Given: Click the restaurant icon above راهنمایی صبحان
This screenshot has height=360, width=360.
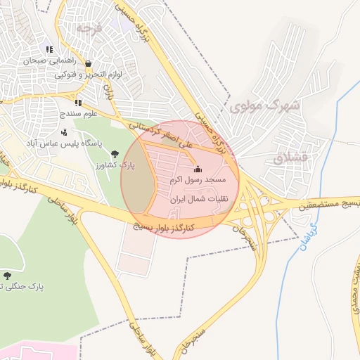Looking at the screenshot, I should [49, 49].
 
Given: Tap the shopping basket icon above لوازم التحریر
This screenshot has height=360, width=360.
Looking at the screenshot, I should [88, 63].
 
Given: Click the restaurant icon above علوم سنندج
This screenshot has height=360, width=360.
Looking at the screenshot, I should [78, 103].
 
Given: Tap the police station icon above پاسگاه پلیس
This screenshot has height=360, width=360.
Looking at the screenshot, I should [65, 131].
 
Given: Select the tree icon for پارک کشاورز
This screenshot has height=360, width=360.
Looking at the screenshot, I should [115, 155].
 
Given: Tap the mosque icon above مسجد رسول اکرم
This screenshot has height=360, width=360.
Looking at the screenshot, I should [197, 169].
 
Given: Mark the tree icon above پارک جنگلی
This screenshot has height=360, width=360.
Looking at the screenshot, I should [8, 276].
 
